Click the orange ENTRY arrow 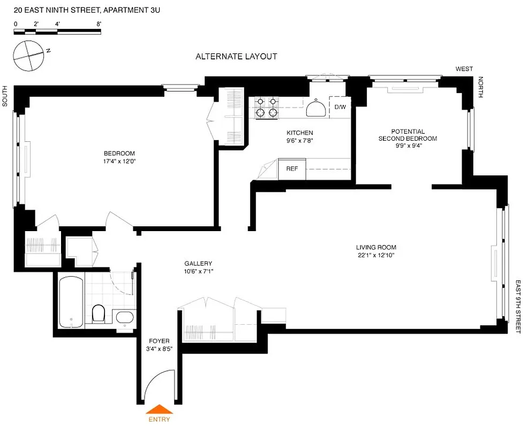point(159,410)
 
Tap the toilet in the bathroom point(99,314)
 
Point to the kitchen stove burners point(267,106)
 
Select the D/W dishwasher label point(340,107)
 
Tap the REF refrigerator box point(292,169)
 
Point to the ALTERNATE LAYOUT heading point(236,56)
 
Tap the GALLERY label point(198,264)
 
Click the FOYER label point(159,341)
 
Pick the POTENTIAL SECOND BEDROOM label point(408,135)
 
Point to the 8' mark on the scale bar point(99,24)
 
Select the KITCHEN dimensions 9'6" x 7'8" point(299,141)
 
